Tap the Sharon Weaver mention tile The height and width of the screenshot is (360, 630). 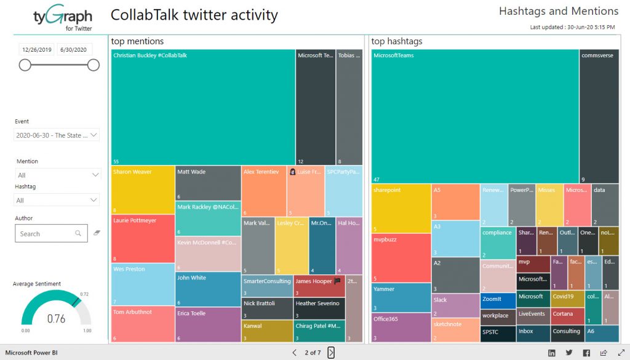[x=143, y=190]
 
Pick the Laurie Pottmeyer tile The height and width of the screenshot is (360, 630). [x=143, y=239]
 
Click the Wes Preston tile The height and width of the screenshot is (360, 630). [x=143, y=284]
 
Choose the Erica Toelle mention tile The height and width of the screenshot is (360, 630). [x=207, y=325]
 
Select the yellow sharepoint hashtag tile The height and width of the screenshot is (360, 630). [x=401, y=209]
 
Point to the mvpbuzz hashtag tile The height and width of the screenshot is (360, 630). [x=401, y=258]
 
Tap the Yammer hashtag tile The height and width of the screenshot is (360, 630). [x=401, y=298]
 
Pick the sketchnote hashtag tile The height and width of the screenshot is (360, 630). [x=455, y=330]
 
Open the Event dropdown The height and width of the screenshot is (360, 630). [x=57, y=135]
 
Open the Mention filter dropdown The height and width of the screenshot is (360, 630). [x=57, y=175]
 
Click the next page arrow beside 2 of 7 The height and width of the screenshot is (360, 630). [x=331, y=353]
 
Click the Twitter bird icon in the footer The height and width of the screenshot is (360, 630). [x=569, y=353]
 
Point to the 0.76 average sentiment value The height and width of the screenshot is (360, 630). [x=56, y=319]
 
